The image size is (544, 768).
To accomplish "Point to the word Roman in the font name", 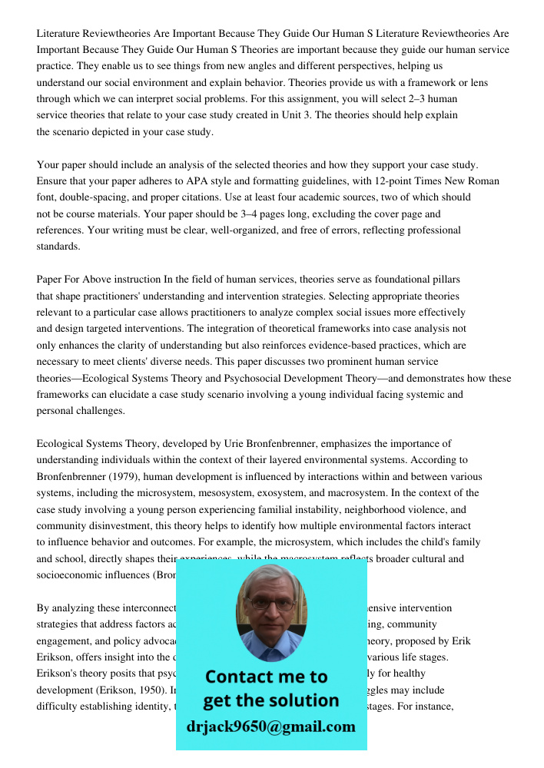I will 484,181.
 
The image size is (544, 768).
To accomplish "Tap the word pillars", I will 444,280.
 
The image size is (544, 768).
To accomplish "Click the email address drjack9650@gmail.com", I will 271,727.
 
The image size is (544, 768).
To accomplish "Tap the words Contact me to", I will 266,677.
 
